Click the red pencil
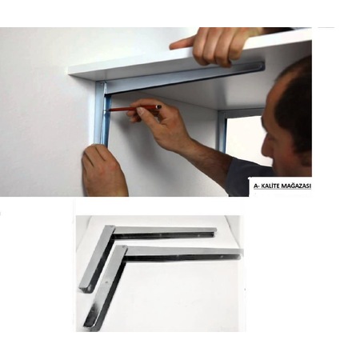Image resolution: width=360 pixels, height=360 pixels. pyautogui.click(x=134, y=108)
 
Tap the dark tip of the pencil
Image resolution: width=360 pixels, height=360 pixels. pyautogui.click(x=159, y=106)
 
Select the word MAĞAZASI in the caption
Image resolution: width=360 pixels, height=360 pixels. pyautogui.click(x=295, y=186)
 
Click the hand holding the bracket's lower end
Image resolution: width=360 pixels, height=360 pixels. pyautogui.click(x=104, y=170)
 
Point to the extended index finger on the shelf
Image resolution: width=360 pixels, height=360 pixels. pyautogui.click(x=182, y=43)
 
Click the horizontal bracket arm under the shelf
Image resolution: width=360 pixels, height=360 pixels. pyautogui.click(x=184, y=77)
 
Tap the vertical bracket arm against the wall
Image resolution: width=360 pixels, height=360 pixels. pyautogui.click(x=102, y=114)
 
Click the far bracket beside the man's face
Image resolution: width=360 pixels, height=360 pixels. pyautogui.click(x=222, y=130)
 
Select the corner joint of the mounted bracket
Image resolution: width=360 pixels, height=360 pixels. pyautogui.click(x=102, y=86)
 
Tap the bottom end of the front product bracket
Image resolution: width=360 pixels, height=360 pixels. pyautogui.click(x=91, y=326)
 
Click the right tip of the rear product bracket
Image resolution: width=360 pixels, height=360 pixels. pyautogui.click(x=214, y=231)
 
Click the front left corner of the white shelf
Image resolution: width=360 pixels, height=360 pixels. pyautogui.click(x=70, y=74)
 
